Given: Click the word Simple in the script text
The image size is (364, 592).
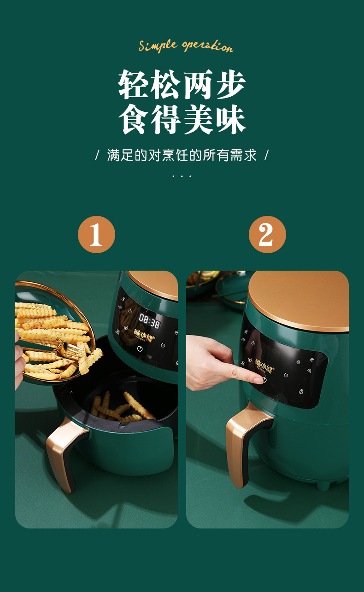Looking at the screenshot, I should pyautogui.click(x=158, y=45).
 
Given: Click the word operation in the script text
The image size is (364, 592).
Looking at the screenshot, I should pyautogui.click(x=207, y=46).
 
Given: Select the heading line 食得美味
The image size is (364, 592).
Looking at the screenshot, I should pyautogui.click(x=182, y=120).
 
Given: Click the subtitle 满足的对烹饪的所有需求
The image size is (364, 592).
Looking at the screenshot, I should pyautogui.click(x=182, y=155).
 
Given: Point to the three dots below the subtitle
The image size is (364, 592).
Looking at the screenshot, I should pyautogui.click(x=182, y=176).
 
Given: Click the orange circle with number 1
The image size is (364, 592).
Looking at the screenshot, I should pyautogui.click(x=96, y=235).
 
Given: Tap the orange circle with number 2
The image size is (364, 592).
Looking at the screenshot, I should pyautogui.click(x=267, y=235).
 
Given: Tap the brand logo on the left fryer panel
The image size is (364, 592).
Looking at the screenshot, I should pyautogui.click(x=145, y=333).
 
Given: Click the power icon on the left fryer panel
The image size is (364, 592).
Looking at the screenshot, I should pyautogui.click(x=140, y=348).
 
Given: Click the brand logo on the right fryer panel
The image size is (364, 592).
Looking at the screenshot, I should pyautogui.click(x=267, y=364).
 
